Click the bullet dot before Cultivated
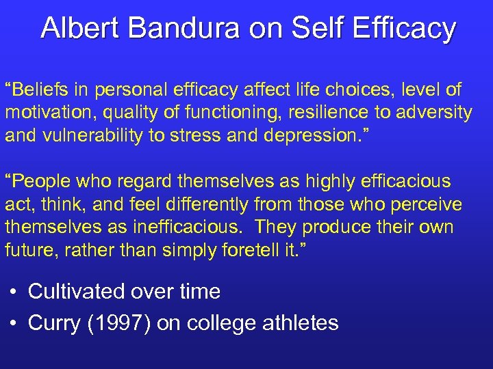tap(14, 292)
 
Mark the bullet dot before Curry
tap(14, 323)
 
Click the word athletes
tap(301, 323)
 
